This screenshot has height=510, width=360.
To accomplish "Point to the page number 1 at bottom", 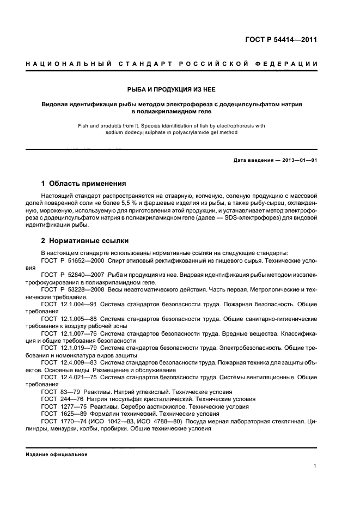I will pos(316,466).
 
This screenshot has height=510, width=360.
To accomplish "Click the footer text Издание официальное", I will pos(57,454).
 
